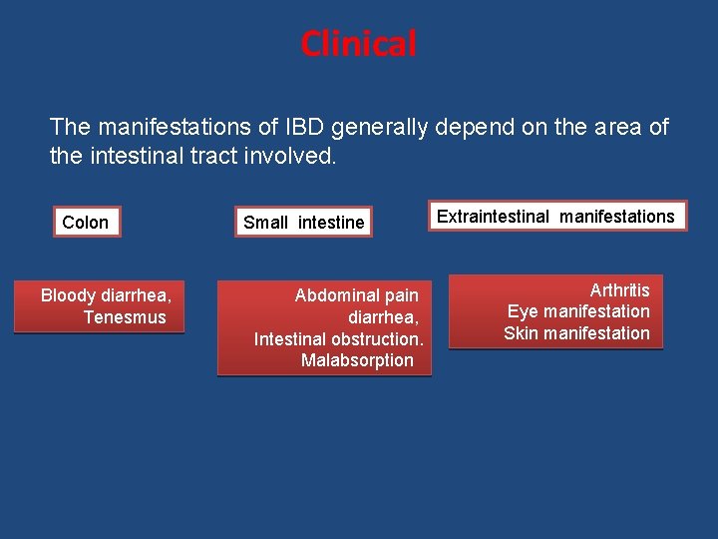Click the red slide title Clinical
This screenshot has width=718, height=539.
pos(358,44)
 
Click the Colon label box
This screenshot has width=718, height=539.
pos(85,223)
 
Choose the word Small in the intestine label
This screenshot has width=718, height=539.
pos(265,223)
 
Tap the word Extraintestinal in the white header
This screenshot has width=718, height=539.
pos(494,217)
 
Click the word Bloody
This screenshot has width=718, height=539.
pos(68,295)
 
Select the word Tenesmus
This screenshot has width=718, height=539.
pos(125,317)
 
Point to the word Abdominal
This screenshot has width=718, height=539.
pos(336,295)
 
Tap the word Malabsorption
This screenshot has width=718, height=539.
pos(356,360)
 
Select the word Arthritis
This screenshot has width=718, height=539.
pos(619,290)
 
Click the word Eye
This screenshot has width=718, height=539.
pos(523,311)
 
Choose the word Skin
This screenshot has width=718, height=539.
pos(522,333)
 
